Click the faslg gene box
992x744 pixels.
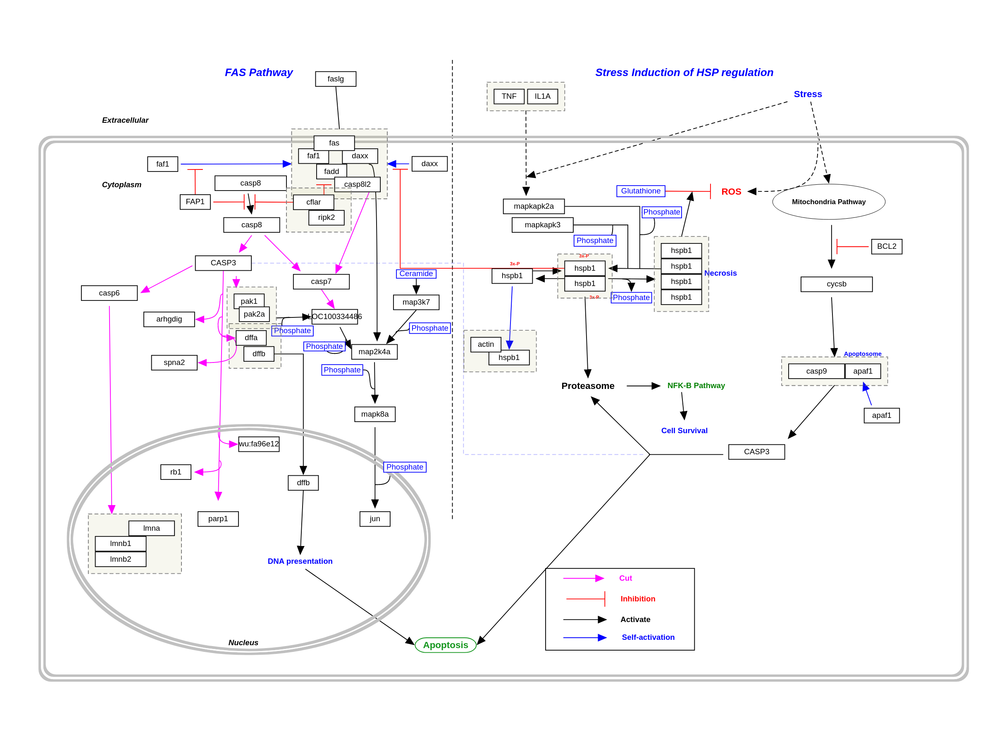point(336,79)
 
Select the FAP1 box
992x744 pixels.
point(195,202)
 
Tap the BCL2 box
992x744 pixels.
point(886,247)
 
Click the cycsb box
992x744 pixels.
point(837,284)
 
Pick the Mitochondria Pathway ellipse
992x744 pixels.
point(828,202)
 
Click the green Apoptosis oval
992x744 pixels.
point(445,645)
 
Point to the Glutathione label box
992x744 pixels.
point(640,191)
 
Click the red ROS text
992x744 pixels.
point(731,191)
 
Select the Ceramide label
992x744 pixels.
point(416,274)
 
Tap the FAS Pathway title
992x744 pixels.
point(258,73)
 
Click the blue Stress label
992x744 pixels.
point(808,94)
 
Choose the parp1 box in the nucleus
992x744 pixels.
point(218,519)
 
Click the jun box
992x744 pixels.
point(374,519)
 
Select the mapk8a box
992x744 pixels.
point(374,414)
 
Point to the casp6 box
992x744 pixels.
point(109,293)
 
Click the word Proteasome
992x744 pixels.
point(587,386)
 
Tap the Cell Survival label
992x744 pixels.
point(684,431)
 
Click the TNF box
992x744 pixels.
point(508,96)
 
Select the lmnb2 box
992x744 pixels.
point(120,559)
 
